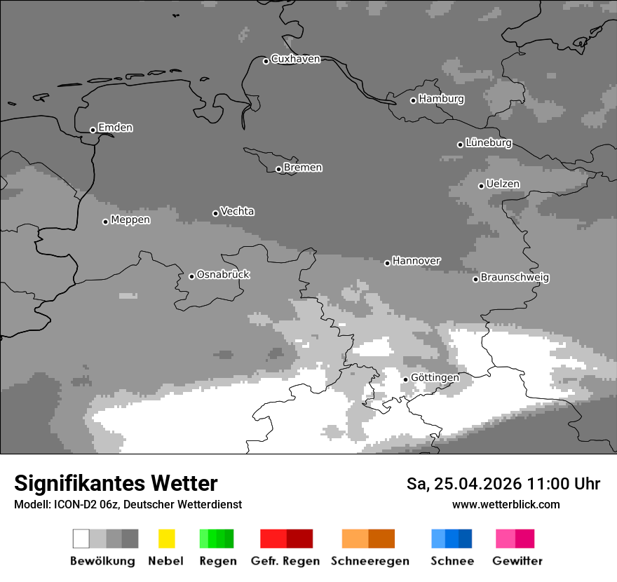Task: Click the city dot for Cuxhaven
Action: click(x=266, y=61)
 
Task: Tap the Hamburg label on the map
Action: click(x=441, y=99)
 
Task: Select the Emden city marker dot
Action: click(x=93, y=130)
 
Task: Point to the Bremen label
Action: click(x=303, y=168)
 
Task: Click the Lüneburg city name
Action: click(x=488, y=142)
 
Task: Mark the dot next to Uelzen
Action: click(x=481, y=186)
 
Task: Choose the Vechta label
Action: click(x=237, y=211)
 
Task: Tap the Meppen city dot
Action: click(x=105, y=222)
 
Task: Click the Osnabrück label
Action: click(x=223, y=274)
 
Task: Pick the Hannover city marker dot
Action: click(x=387, y=263)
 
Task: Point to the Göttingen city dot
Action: click(x=405, y=379)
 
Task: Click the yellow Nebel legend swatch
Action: click(x=166, y=539)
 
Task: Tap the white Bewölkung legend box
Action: click(x=81, y=539)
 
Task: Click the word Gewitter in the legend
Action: click(x=517, y=561)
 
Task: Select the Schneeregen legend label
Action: click(x=370, y=561)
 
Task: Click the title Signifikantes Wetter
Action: click(x=116, y=483)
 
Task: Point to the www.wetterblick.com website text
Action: click(x=506, y=504)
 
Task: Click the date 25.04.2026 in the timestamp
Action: click(x=476, y=484)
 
